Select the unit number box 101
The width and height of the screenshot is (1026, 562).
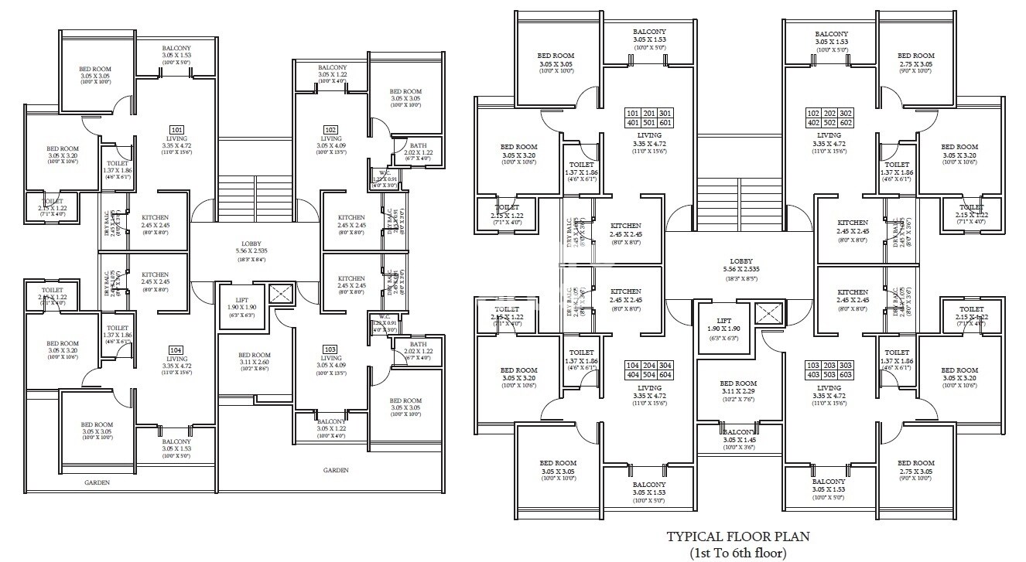pos(176,130)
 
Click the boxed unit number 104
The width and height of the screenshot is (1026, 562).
pos(176,350)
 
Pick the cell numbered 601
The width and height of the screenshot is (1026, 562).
pos(666,122)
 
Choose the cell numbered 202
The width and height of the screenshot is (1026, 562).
pos(829,113)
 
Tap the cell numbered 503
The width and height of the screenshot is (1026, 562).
pos(829,375)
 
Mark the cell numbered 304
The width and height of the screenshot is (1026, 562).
pos(666,366)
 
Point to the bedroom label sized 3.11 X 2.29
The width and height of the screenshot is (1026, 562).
pos(738,393)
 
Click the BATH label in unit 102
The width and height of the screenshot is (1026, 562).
pos(418,145)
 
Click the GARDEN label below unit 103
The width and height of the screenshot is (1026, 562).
pos(336,470)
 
